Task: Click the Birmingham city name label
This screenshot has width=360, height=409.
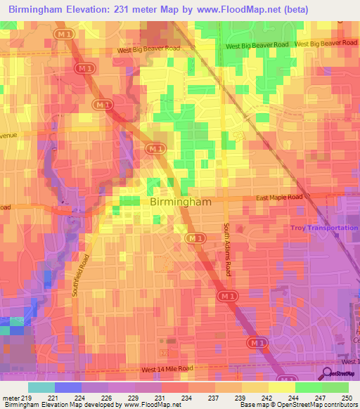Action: click(181, 202)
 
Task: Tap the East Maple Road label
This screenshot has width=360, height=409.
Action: click(279, 197)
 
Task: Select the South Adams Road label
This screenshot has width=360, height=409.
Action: click(226, 249)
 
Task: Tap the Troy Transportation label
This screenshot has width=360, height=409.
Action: click(324, 228)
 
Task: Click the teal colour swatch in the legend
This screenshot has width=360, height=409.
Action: click(41, 387)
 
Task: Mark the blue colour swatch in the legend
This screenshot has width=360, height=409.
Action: click(68, 387)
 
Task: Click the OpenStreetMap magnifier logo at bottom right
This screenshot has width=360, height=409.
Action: click(326, 373)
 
